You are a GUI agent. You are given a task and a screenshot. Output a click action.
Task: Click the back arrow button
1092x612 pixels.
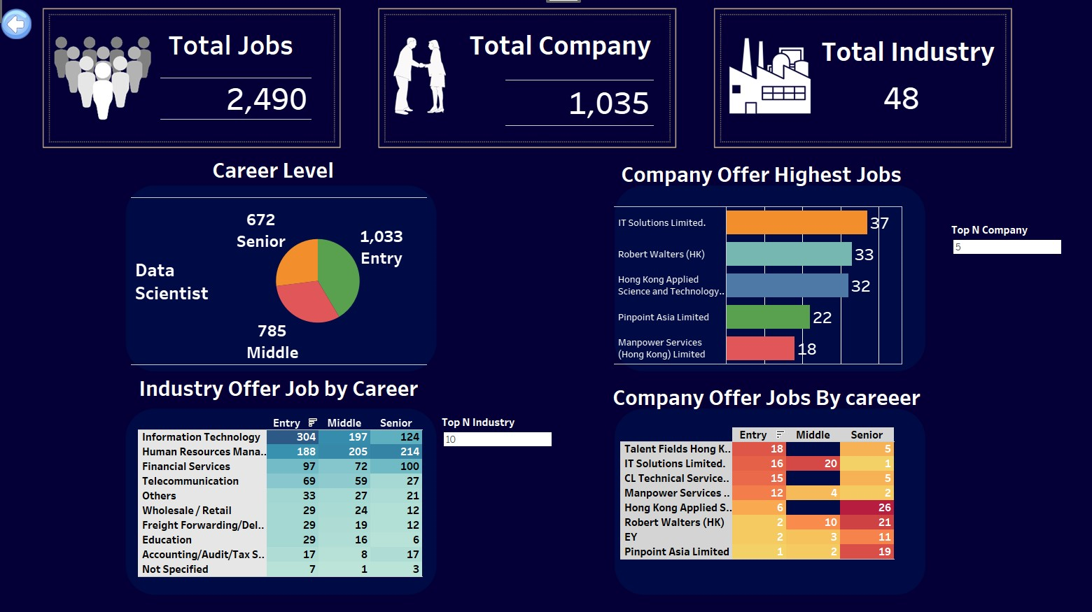click(x=16, y=25)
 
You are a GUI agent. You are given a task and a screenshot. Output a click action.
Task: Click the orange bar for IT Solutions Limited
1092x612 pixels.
click(x=796, y=222)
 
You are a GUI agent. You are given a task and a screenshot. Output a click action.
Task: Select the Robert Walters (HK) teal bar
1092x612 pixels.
click(x=788, y=254)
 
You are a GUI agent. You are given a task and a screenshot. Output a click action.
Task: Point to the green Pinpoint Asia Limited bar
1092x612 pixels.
click(x=767, y=317)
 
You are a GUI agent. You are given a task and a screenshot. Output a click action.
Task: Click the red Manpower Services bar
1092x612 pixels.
click(x=759, y=348)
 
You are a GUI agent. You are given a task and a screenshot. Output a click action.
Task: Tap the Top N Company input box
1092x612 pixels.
click(x=1007, y=247)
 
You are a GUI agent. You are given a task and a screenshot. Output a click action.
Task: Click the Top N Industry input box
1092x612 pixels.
click(x=497, y=439)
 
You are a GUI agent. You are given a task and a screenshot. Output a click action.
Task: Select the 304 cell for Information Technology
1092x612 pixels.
click(x=293, y=437)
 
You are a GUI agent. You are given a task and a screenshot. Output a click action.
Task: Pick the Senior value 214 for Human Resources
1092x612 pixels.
click(x=397, y=452)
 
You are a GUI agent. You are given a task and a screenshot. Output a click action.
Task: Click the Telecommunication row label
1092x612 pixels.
click(x=190, y=481)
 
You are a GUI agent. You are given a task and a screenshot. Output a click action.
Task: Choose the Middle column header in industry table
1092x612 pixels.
click(x=344, y=423)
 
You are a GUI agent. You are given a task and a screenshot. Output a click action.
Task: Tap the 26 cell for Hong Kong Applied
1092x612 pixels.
click(x=867, y=508)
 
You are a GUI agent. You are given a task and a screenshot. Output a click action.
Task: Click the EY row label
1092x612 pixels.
click(x=631, y=537)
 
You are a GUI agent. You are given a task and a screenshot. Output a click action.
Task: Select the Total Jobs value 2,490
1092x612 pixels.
click(x=267, y=99)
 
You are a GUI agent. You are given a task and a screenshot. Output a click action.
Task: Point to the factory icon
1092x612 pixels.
click(x=769, y=77)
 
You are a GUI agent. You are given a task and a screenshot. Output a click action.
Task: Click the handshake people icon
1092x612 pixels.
click(x=419, y=76)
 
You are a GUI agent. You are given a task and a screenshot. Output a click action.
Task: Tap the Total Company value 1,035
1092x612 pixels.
click(x=609, y=104)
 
